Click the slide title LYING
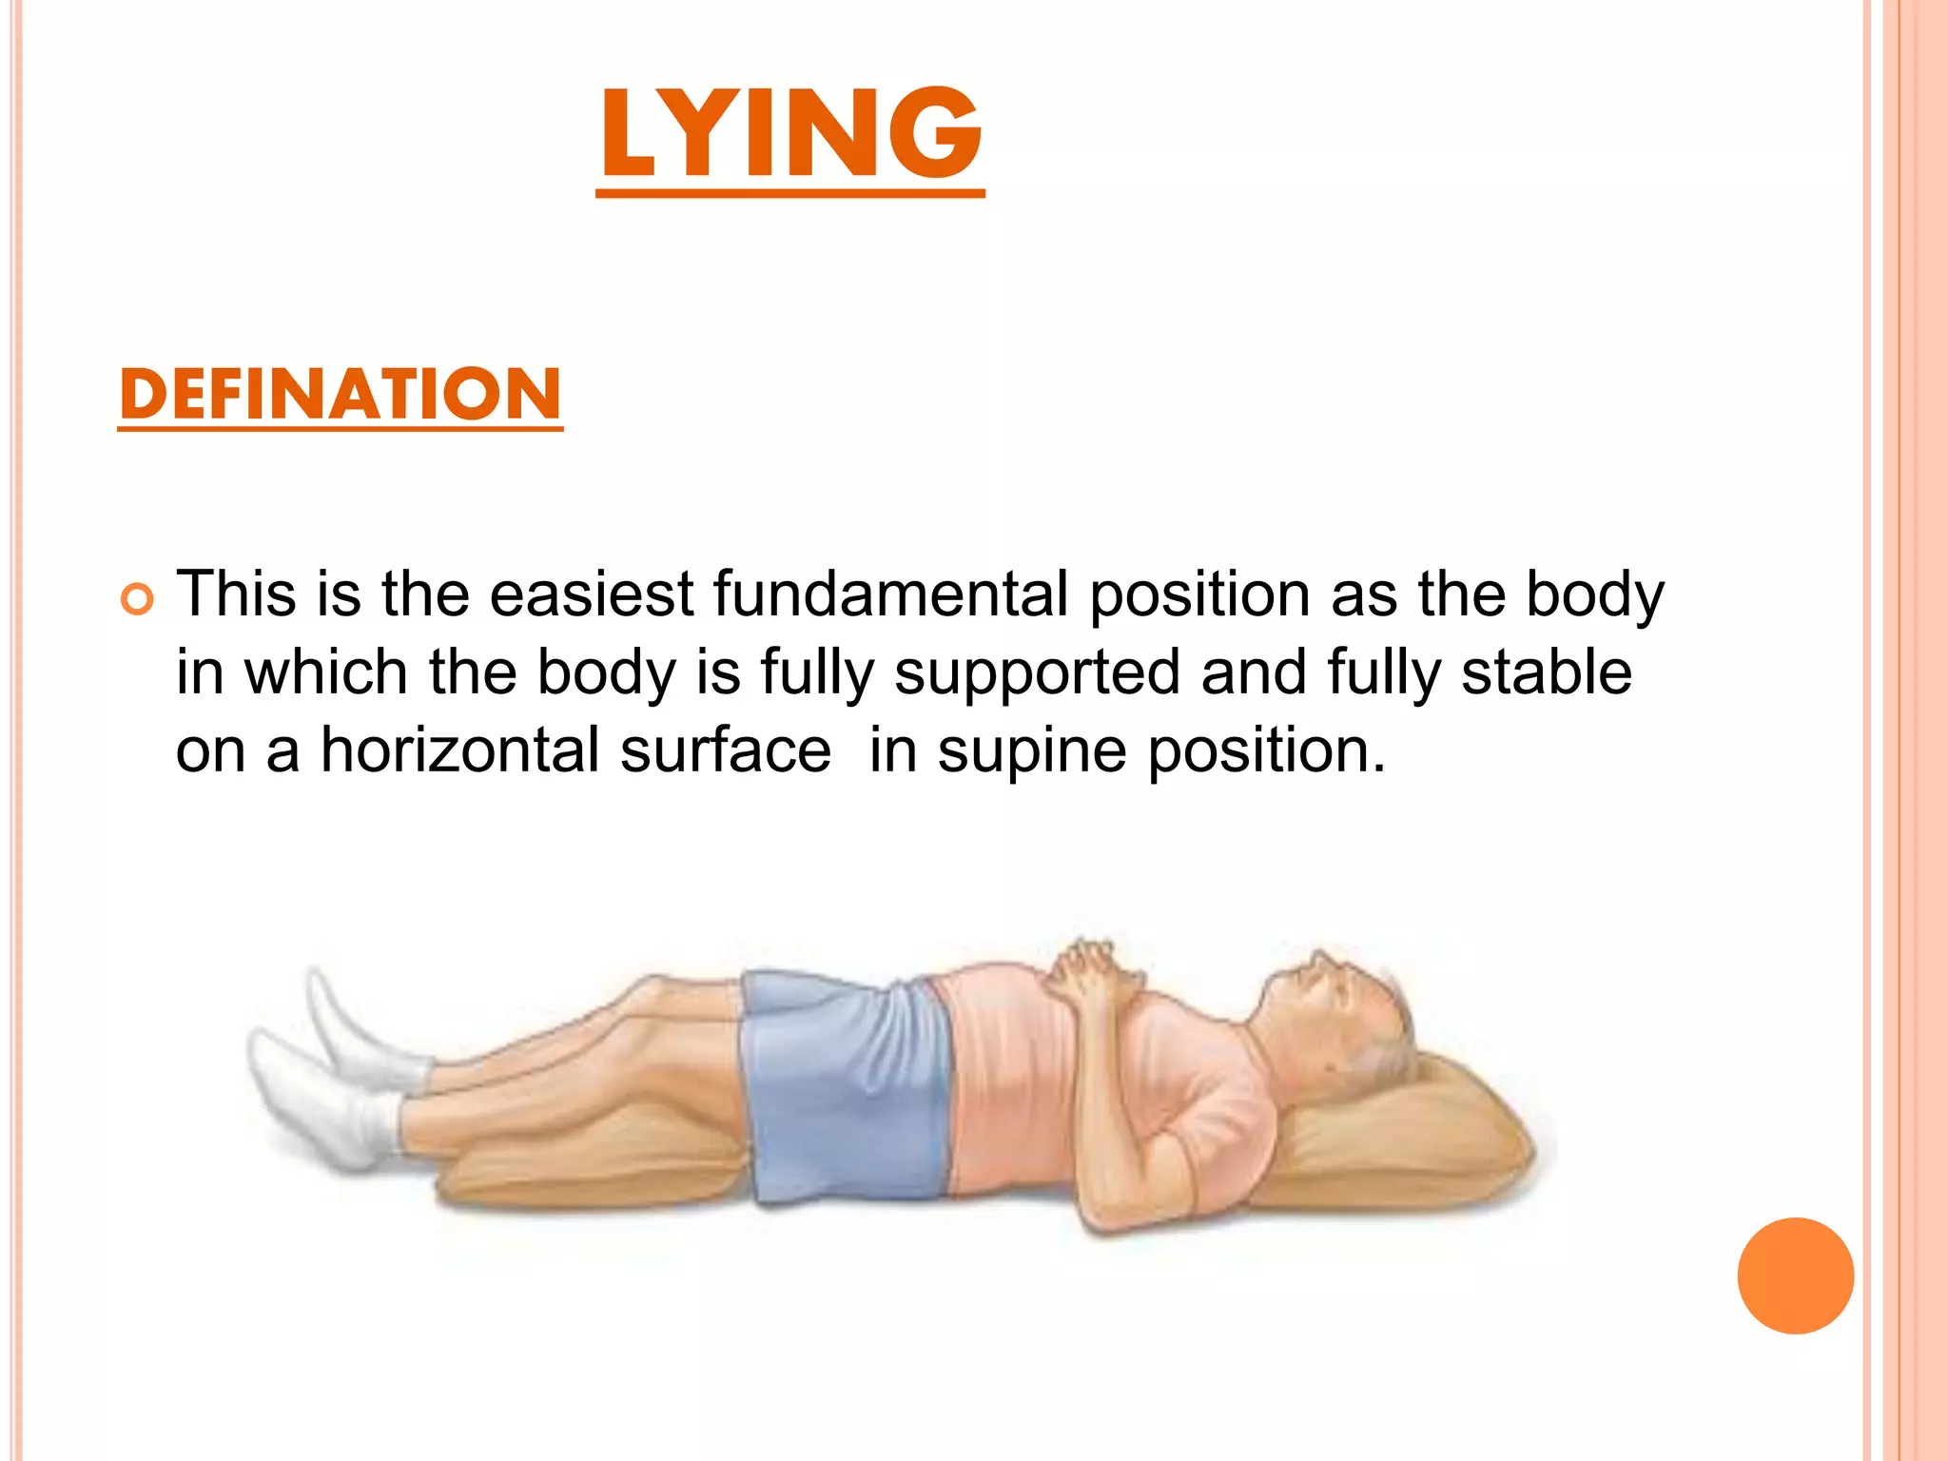pyautogui.click(x=790, y=133)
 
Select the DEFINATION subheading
pyautogui.click(x=341, y=395)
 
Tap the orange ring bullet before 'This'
pyautogui.click(x=138, y=600)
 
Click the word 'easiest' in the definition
pyautogui.click(x=591, y=594)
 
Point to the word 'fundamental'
pyautogui.click(x=891, y=594)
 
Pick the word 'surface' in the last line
pyautogui.click(x=726, y=750)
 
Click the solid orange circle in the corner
pyautogui.click(x=1795, y=1276)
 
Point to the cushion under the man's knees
pyautogui.click(x=590, y=1160)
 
